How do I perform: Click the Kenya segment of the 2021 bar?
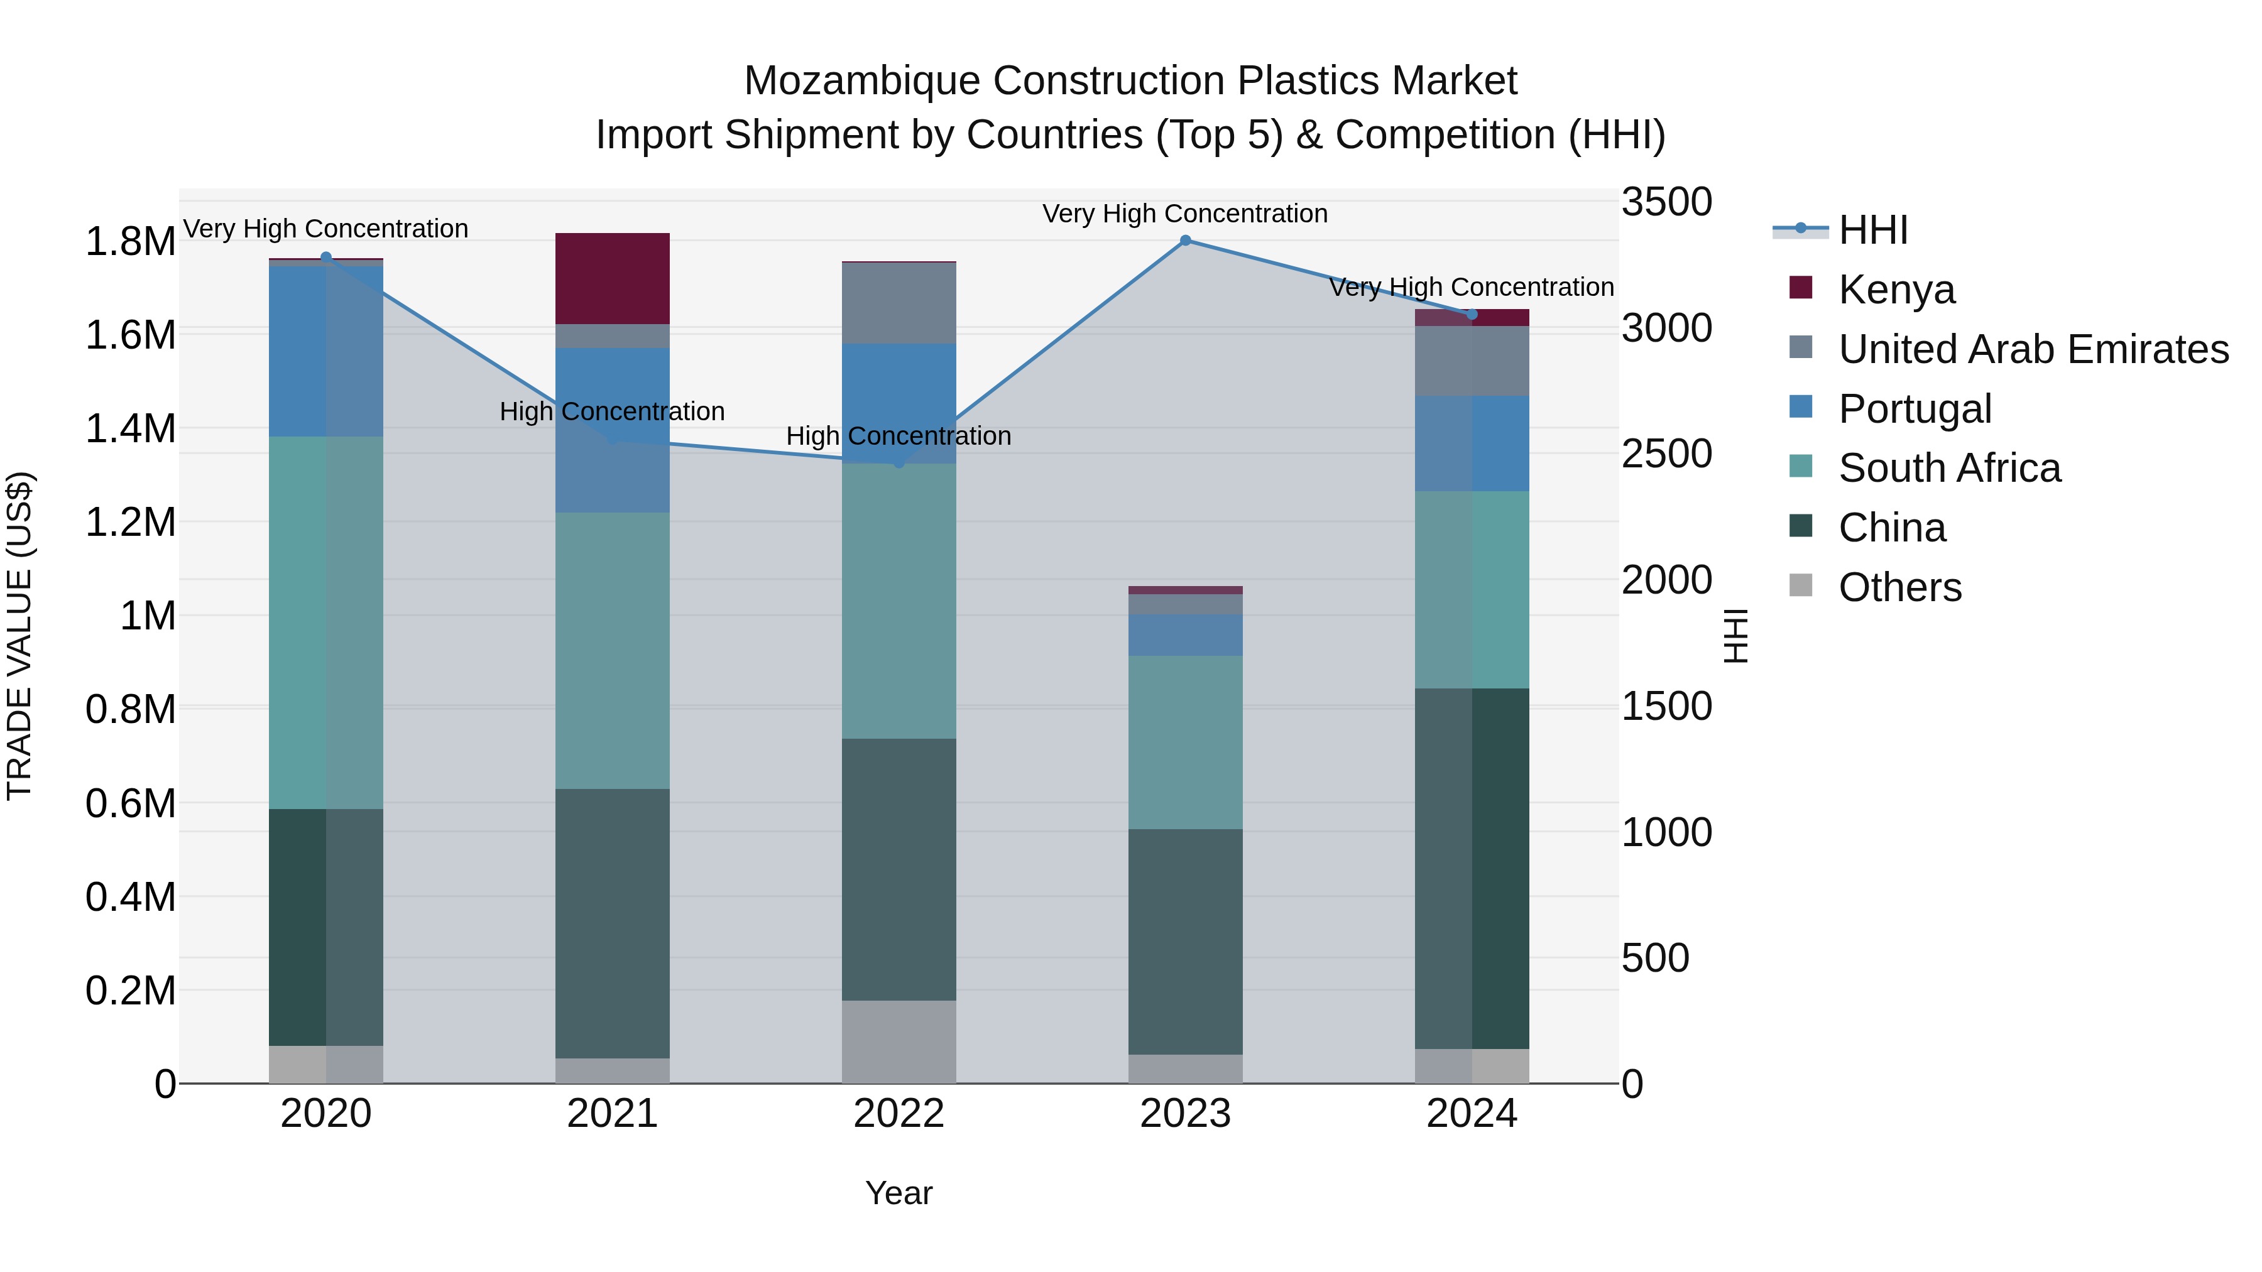(x=612, y=278)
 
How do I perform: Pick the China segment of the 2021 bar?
(x=612, y=923)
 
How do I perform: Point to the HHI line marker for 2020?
(x=325, y=257)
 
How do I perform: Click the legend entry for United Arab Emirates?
(x=2033, y=349)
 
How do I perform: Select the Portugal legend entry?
(x=1915, y=408)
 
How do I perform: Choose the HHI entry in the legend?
(x=1872, y=230)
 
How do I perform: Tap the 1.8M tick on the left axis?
(x=130, y=241)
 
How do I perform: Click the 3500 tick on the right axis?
(x=1666, y=202)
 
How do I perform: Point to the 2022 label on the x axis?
(x=899, y=1114)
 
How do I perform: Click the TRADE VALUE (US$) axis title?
(x=19, y=636)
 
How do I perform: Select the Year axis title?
(x=899, y=1193)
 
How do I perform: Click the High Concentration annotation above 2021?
(x=612, y=411)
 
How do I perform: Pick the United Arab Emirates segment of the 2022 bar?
(x=899, y=303)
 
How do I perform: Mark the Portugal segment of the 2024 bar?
(x=1472, y=443)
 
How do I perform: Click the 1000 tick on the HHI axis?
(x=1666, y=832)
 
